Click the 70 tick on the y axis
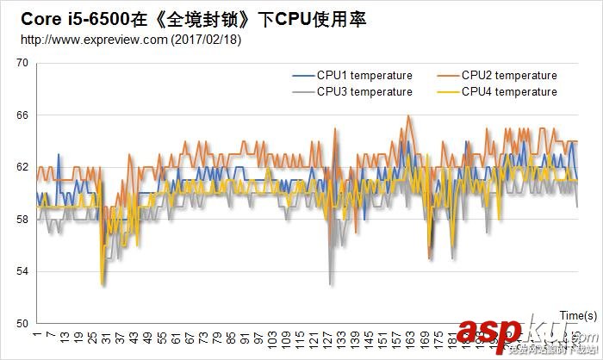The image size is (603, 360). [22, 63]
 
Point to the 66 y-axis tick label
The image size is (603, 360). [22, 115]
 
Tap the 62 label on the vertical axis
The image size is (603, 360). [22, 167]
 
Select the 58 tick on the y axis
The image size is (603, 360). [22, 220]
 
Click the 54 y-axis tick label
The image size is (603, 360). [22, 271]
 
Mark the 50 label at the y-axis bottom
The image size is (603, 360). [22, 324]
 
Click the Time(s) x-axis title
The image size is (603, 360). [578, 315]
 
